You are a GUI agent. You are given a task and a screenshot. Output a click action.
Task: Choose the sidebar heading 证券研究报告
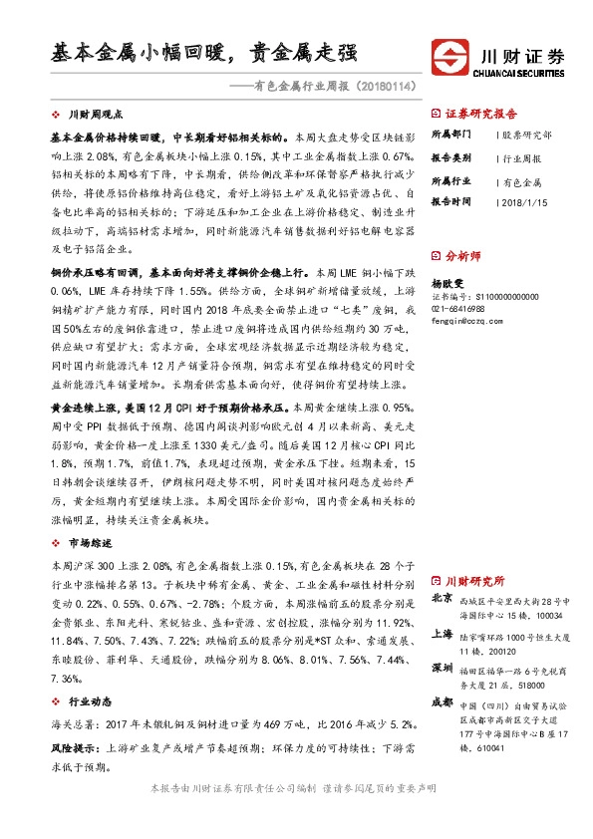click(481, 113)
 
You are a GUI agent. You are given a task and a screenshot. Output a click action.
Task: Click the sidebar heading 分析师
click(462, 256)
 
